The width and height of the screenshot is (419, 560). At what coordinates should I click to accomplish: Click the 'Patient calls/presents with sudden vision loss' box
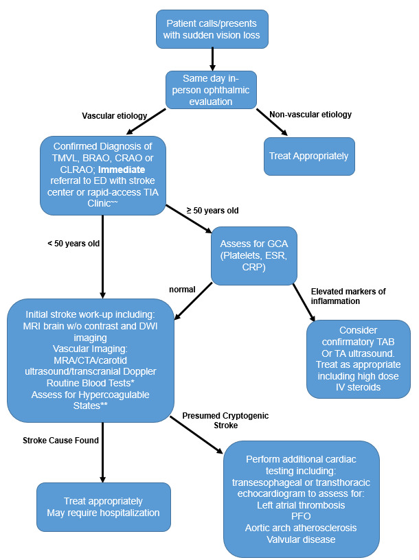click(x=212, y=29)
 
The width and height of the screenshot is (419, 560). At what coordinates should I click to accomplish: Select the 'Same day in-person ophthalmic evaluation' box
click(x=211, y=89)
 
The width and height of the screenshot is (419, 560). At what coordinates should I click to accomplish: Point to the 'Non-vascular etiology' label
click(x=310, y=115)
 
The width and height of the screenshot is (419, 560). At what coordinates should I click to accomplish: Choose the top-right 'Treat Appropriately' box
click(x=308, y=155)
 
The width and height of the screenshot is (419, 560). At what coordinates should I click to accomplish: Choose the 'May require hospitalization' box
click(x=104, y=506)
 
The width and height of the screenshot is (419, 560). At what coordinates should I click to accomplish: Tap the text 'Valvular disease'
click(x=301, y=539)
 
